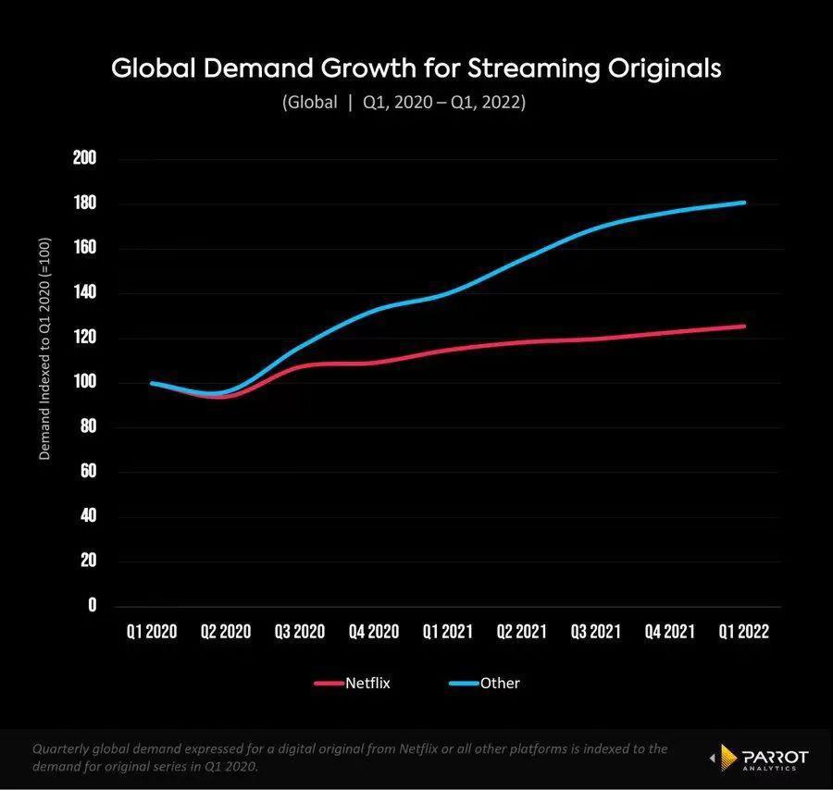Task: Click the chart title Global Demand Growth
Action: click(416, 68)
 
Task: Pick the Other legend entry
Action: click(486, 684)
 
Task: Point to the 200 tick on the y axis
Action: click(85, 158)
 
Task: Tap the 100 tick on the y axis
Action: click(85, 382)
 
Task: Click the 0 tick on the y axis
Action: click(92, 606)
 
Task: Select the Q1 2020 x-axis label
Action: click(152, 632)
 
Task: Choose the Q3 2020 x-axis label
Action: click(300, 632)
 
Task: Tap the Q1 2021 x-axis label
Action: click(447, 632)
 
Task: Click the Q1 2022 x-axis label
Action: click(744, 632)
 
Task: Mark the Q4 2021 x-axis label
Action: click(670, 632)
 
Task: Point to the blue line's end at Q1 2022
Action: click(744, 203)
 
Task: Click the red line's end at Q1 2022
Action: click(744, 326)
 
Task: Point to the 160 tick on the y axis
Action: click(85, 248)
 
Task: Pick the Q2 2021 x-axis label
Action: click(522, 632)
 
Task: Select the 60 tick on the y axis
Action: click(88, 472)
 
